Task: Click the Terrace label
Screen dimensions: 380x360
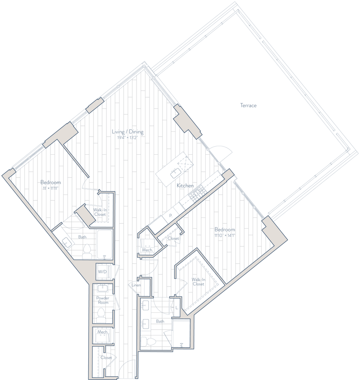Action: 248,106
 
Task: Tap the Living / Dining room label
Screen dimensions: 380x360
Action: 128,132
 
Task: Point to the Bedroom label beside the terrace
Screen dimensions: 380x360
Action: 225,230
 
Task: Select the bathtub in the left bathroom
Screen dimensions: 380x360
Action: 105,243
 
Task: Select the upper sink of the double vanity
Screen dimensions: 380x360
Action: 146,305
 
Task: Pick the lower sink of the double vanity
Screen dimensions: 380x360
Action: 146,324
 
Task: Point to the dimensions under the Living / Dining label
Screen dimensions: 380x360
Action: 127,138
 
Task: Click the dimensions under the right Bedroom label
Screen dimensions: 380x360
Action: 225,235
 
